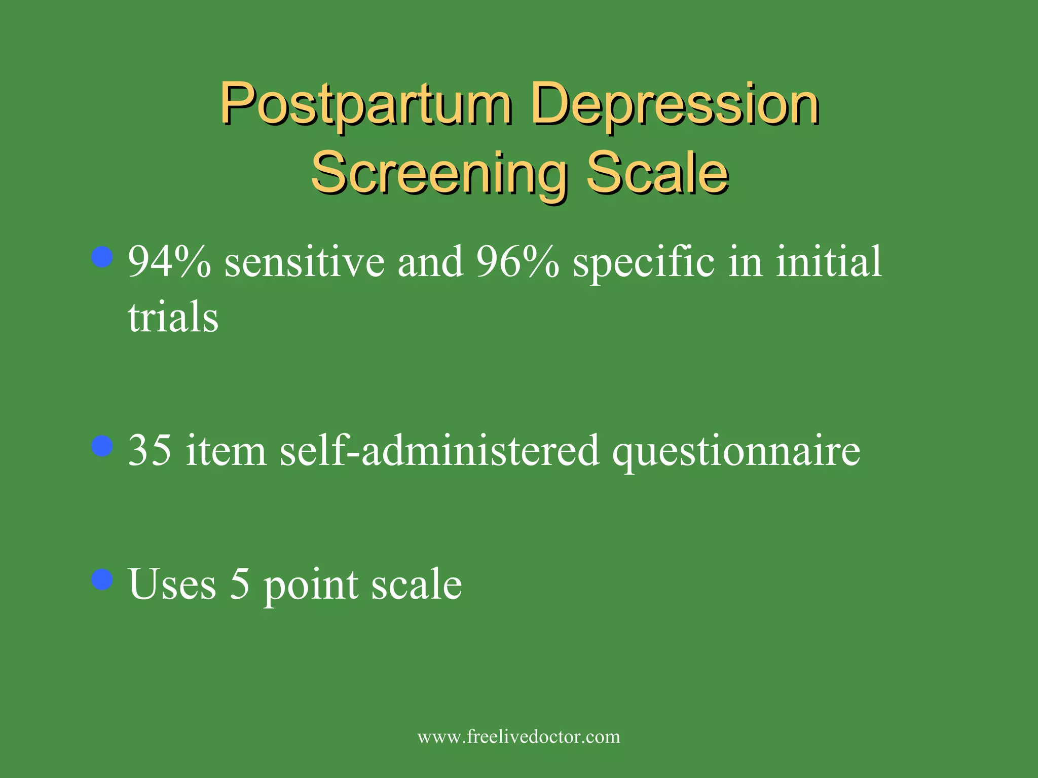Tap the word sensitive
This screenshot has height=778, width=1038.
[304, 262]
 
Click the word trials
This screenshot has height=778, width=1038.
[173, 318]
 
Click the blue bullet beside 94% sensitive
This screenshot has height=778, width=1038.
[102, 257]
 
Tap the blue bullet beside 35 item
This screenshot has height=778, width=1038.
[102, 446]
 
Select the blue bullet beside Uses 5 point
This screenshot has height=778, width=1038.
[102, 579]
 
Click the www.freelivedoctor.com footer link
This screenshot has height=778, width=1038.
[518, 736]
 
